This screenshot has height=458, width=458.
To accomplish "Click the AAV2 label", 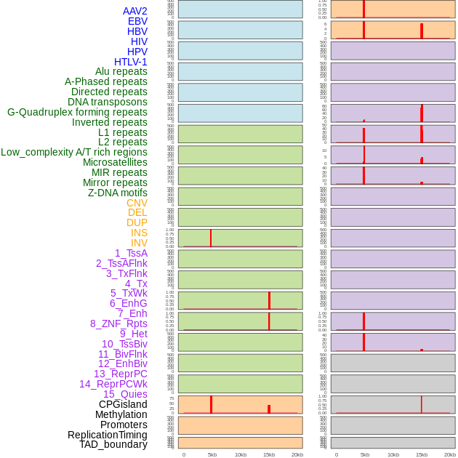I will point(134,12).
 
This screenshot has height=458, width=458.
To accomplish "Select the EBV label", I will point(137,22).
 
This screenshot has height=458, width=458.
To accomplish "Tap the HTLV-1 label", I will point(131,62).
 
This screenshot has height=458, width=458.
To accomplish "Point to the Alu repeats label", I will point(121,72).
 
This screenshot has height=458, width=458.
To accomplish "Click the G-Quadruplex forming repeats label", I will point(77,112).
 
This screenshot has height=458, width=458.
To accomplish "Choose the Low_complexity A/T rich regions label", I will point(74,152).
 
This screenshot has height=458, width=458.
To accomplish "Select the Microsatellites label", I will point(115,162).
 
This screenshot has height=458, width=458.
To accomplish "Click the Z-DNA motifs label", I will point(118,193).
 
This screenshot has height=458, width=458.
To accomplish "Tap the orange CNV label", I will point(137,203).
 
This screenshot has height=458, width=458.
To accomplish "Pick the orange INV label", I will point(139,243).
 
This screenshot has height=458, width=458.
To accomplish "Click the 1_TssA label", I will point(131,253).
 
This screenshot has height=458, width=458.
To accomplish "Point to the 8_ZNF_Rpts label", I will point(118,324).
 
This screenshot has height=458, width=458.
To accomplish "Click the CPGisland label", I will point(123,404).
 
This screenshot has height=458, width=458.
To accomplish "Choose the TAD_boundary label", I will point(113,444).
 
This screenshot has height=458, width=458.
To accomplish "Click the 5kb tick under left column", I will point(212,454).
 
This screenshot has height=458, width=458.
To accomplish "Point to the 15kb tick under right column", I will point(422,454).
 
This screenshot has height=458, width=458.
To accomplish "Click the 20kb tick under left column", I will point(297,454).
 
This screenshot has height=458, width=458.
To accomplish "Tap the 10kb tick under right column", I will point(393,454).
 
